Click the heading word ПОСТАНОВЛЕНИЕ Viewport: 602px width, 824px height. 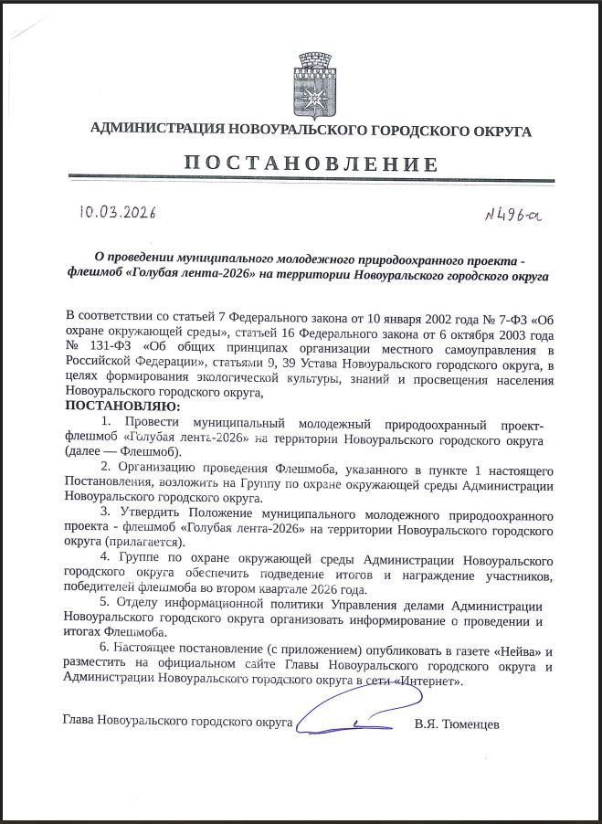(x=310, y=164)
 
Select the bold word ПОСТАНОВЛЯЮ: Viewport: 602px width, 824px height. (x=123, y=406)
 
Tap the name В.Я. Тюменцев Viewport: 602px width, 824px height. (x=457, y=724)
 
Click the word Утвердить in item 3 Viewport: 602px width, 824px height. (x=149, y=513)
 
